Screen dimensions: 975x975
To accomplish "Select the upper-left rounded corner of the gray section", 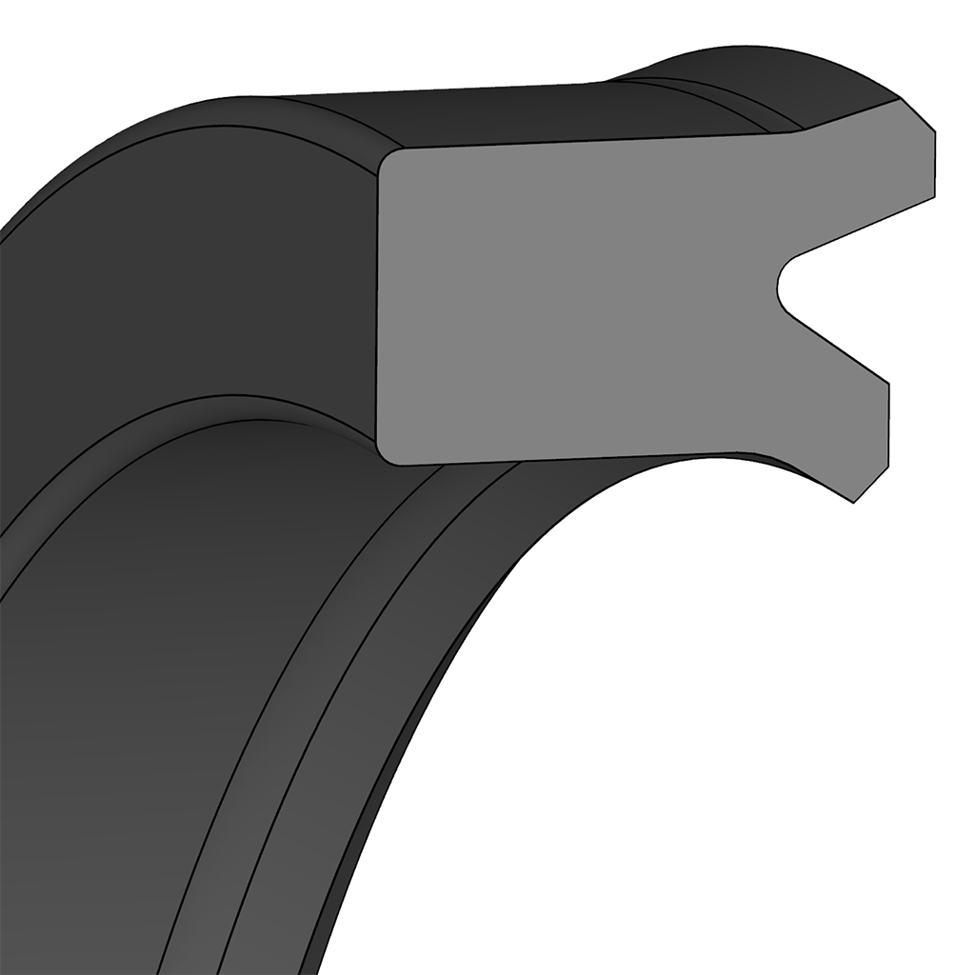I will [388, 158].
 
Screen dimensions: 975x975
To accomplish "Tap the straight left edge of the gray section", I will [378, 305].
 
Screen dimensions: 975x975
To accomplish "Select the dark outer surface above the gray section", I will [476, 114].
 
